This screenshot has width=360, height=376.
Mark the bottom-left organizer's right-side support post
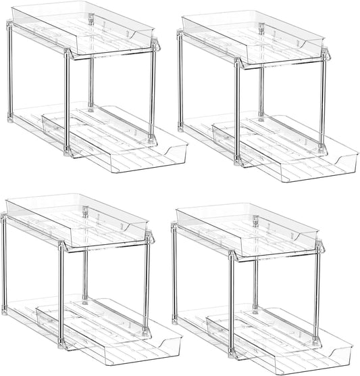pyautogui.click(x=146, y=284)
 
